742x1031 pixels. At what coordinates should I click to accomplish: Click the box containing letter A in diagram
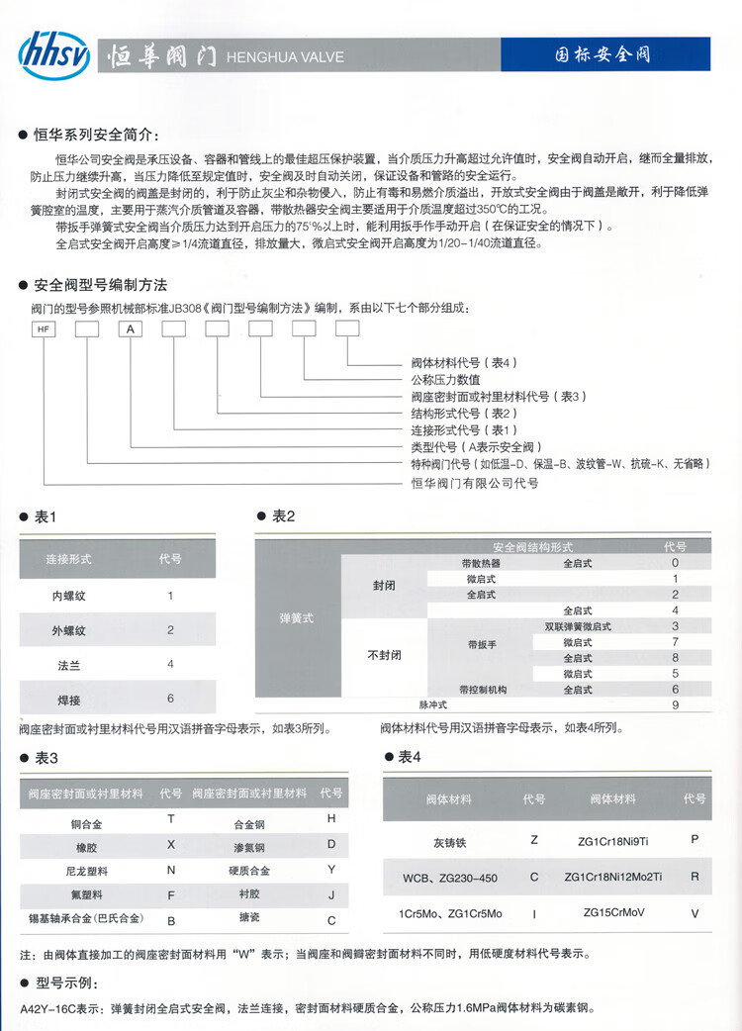pyautogui.click(x=132, y=329)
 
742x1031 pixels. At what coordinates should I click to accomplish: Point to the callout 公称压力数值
pyautogui.click(x=445, y=379)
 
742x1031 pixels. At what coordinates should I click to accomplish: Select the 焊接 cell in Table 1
pyautogui.click(x=69, y=699)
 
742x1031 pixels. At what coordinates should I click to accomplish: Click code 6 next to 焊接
pyautogui.click(x=170, y=699)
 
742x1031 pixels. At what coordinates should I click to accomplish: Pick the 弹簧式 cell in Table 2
pyautogui.click(x=297, y=617)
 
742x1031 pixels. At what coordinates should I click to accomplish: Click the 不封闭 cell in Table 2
pyautogui.click(x=384, y=654)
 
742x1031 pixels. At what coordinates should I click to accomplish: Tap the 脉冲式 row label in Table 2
pyautogui.click(x=433, y=704)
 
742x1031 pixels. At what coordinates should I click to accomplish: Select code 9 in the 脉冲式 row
pyautogui.click(x=675, y=704)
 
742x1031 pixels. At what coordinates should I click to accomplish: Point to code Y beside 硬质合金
pyautogui.click(x=331, y=871)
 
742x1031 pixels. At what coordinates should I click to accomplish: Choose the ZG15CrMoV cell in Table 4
pyautogui.click(x=613, y=912)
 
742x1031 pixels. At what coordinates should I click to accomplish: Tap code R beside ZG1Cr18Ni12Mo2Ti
pyautogui.click(x=696, y=877)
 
